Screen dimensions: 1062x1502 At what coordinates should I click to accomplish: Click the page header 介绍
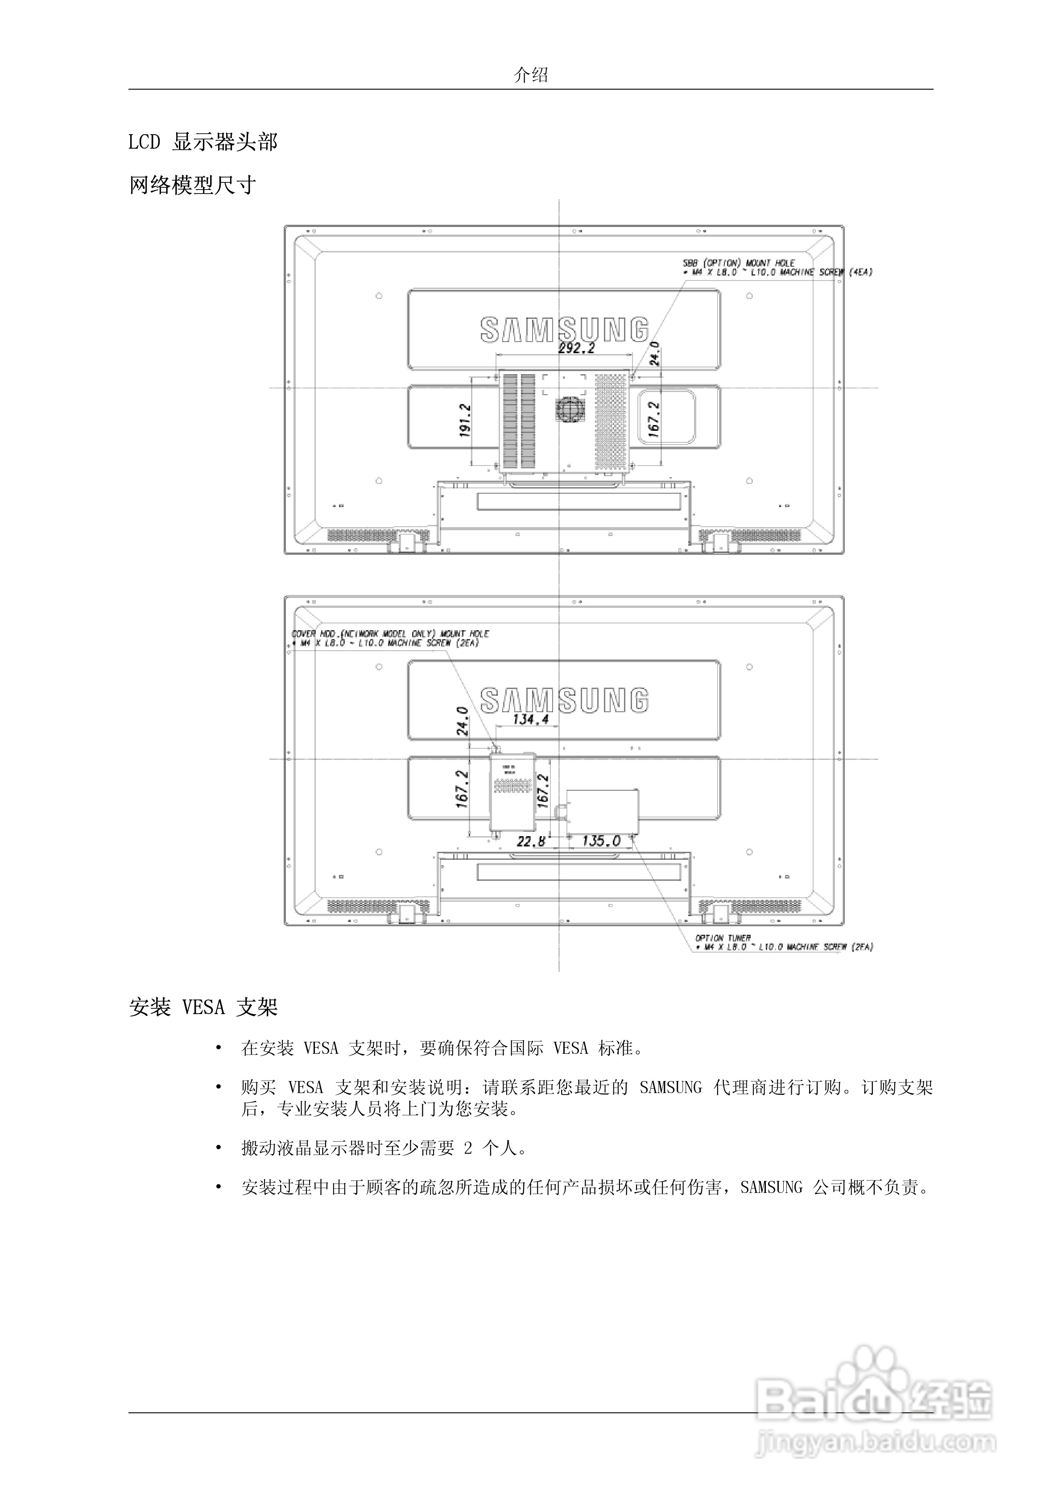click(x=531, y=75)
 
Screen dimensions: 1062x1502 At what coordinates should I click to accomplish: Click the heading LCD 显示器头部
click(x=203, y=142)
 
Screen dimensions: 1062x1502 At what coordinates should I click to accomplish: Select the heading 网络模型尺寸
click(x=192, y=186)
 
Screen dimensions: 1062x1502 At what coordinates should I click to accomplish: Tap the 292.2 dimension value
click(x=576, y=348)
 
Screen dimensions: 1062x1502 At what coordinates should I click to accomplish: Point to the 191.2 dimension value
click(x=465, y=420)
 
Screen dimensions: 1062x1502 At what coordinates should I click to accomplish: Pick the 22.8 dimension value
click(x=531, y=841)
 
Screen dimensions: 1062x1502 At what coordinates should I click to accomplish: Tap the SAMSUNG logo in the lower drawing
click(x=564, y=700)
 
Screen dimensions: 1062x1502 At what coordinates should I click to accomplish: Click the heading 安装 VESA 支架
click(x=203, y=1007)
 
